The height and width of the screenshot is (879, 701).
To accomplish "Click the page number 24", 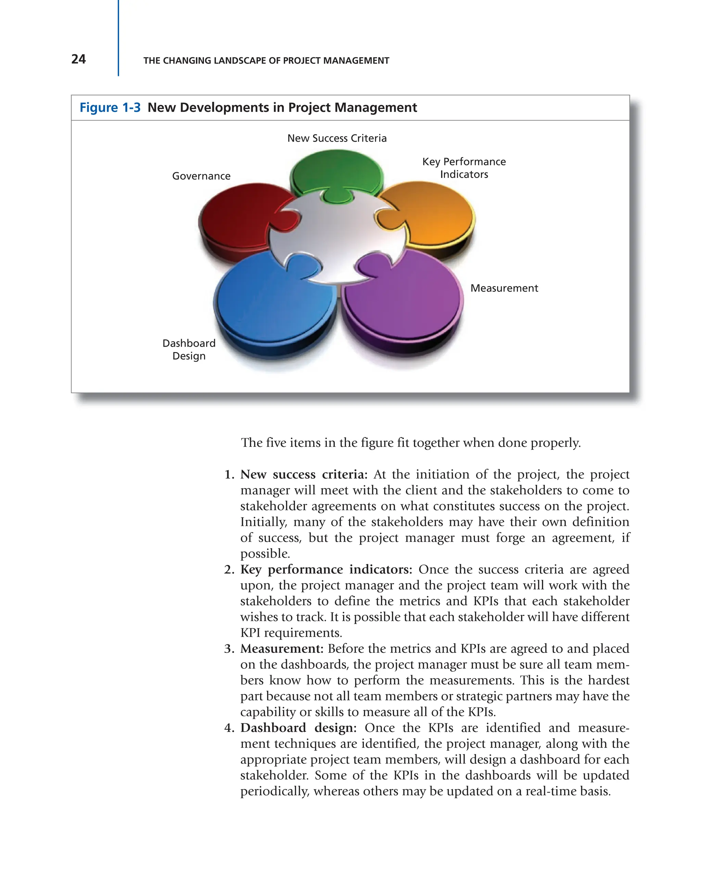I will tap(78, 59).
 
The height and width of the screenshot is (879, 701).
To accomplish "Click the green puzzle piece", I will tap(336, 171).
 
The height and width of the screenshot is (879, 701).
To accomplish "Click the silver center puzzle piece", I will tap(339, 236).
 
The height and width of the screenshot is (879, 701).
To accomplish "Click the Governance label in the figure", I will tap(201, 176).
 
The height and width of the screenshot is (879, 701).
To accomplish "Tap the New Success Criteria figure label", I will tap(337, 138).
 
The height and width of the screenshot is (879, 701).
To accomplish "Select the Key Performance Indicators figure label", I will tap(464, 168).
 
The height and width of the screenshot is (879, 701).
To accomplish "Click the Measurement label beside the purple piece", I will tap(504, 288).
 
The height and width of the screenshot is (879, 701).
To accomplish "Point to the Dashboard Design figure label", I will tap(189, 349).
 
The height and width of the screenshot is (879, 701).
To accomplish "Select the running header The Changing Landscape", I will tap(266, 61).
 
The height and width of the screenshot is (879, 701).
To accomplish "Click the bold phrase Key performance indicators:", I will tap(326, 570).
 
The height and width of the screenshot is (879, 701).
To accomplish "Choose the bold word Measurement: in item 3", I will tap(281, 649).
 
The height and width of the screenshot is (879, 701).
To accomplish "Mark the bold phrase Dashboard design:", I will tap(298, 728).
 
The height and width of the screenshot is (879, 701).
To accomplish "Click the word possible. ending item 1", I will tap(265, 554).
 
